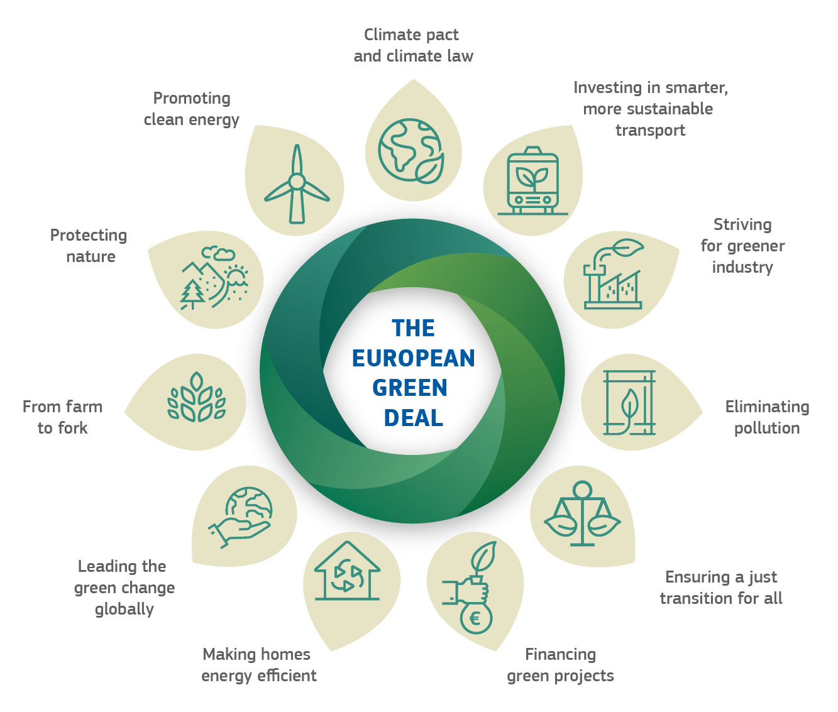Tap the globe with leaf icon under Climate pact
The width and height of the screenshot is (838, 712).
click(411, 151)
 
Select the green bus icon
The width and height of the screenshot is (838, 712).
click(532, 181)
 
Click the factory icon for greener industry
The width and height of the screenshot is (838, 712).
click(614, 274)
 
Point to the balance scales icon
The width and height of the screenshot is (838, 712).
click(582, 513)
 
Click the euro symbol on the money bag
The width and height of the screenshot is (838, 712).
click(475, 619)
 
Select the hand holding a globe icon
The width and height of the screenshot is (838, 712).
click(240, 517)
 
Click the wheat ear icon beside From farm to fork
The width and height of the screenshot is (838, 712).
click(197, 398)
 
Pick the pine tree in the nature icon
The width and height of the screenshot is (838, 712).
click(192, 294)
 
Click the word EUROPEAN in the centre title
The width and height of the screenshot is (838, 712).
click(413, 359)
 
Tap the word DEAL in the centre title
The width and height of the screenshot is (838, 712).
click(413, 418)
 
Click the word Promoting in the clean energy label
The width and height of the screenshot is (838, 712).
click(192, 99)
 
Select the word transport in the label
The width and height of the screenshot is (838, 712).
click(650, 131)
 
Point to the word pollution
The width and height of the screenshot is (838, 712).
click(766, 429)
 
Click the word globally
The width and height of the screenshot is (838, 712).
click(124, 609)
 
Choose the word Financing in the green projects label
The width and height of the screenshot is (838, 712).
click(560, 654)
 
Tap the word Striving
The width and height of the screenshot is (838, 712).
click(742, 225)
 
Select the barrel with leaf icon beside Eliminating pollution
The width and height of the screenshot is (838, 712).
click(629, 402)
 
